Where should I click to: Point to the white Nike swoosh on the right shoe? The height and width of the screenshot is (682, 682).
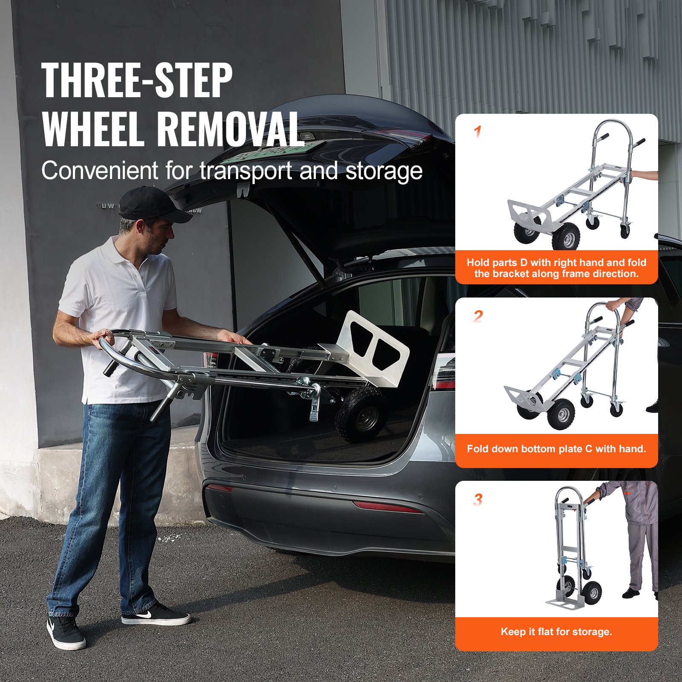pyautogui.click(x=144, y=614)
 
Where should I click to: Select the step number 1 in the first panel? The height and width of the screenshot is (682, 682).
pyautogui.click(x=478, y=132)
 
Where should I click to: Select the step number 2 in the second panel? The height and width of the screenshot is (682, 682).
pyautogui.click(x=478, y=316)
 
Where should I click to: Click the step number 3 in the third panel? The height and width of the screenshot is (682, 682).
pyautogui.click(x=478, y=500)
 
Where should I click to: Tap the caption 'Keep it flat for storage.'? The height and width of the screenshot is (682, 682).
pyautogui.click(x=556, y=632)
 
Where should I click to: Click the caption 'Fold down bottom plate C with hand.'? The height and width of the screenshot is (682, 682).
pyautogui.click(x=556, y=448)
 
